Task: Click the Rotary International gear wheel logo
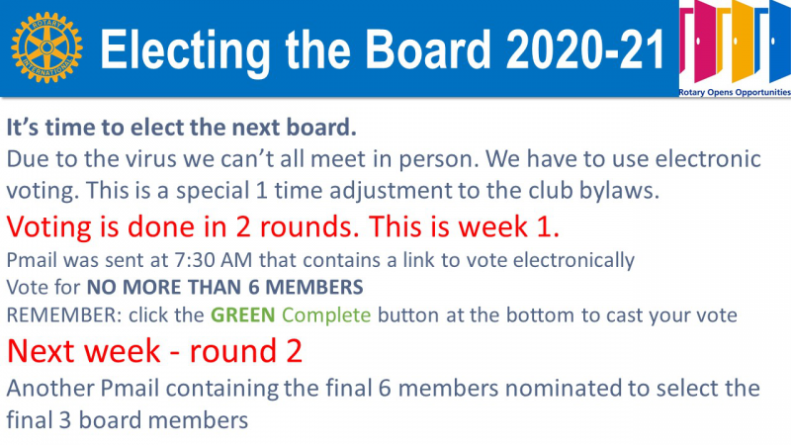pos(46,47)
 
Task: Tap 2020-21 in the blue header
pos(585,49)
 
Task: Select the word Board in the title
pos(428,48)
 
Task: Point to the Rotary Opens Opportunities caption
pos(735,92)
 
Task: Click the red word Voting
pos(49,227)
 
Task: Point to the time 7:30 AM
pos(214,260)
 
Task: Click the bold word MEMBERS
pos(314,287)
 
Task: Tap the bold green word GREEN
pos(242,315)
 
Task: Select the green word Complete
pos(326,316)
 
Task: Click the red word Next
pos(42,351)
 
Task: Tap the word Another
pos(50,389)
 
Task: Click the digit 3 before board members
pos(64,421)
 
